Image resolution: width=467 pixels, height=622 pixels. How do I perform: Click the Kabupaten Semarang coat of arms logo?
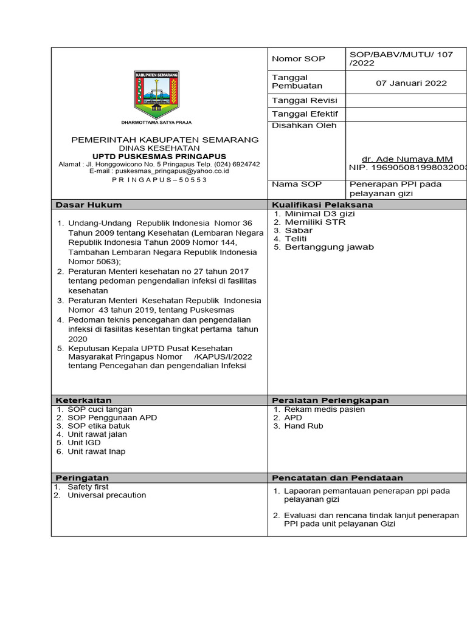point(156,94)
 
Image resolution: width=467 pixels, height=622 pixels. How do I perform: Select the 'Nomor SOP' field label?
point(299,59)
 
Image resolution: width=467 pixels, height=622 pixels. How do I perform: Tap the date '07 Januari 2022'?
point(411,83)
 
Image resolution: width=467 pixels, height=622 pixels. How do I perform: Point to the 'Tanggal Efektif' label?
point(305,114)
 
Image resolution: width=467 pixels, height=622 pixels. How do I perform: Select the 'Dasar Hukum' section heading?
point(89,205)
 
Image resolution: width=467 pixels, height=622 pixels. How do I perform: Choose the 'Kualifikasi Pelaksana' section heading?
point(322,205)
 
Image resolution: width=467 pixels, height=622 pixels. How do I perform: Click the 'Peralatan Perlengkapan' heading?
point(330,400)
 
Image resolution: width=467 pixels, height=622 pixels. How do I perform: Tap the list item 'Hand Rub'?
point(303,426)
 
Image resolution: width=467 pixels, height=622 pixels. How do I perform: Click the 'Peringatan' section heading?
point(82,478)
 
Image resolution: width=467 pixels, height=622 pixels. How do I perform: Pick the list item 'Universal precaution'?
point(106,495)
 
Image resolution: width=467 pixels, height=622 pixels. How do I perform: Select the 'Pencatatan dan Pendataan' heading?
point(337,478)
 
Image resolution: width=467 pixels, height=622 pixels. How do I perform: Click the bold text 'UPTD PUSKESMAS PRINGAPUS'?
point(164,156)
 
